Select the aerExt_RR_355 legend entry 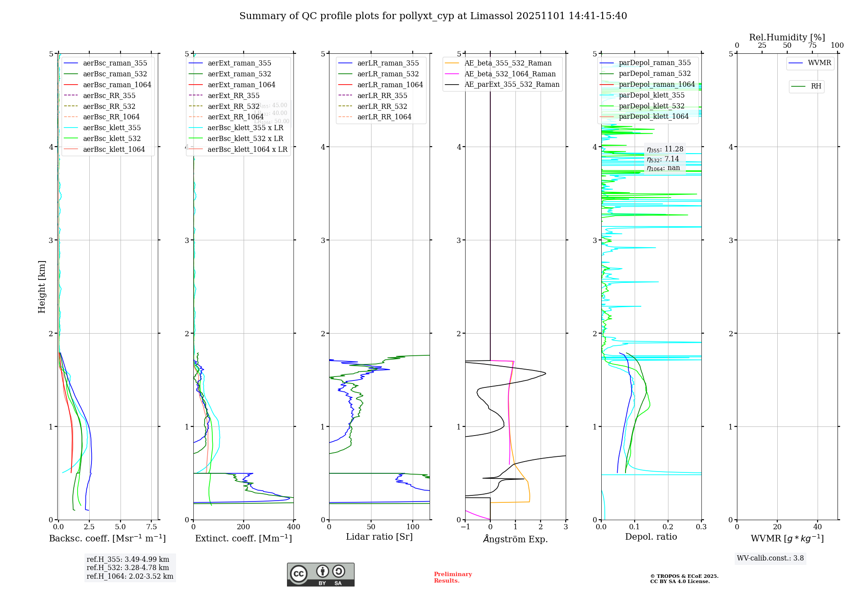tap(234, 95)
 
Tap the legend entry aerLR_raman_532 tap(388, 74)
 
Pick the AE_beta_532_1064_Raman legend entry tap(510, 74)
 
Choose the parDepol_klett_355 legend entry tap(652, 95)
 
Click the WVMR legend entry tap(819, 63)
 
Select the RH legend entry tap(816, 86)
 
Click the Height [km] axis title tap(42, 287)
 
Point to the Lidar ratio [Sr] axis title tap(379, 537)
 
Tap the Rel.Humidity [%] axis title tap(787, 37)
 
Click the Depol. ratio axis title tap(651, 537)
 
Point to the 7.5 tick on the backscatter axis tap(151, 527)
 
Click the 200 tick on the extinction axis tap(244, 527)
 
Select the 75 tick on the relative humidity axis tap(812, 46)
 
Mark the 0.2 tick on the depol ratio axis tap(668, 527)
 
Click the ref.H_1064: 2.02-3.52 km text tap(130, 577)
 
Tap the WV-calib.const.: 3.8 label tap(770, 558)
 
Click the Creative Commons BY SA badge tap(320, 575)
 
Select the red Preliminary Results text tap(453, 577)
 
